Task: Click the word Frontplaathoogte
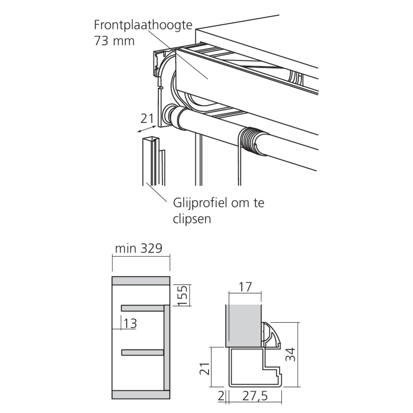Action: [x=143, y=26]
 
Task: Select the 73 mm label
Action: [x=114, y=41]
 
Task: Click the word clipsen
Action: [x=192, y=219]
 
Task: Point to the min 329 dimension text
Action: [x=138, y=248]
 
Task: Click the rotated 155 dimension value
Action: [x=183, y=296]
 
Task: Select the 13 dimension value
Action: [x=130, y=323]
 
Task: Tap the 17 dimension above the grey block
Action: [x=245, y=287]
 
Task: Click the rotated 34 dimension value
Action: [x=291, y=354]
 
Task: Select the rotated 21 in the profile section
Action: [x=205, y=368]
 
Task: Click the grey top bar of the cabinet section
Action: [x=141, y=281]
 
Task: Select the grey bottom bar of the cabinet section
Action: [x=141, y=394]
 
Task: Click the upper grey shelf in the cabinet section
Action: [x=142, y=308]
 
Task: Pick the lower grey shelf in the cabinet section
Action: [x=142, y=352]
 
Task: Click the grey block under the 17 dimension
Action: [x=243, y=325]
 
